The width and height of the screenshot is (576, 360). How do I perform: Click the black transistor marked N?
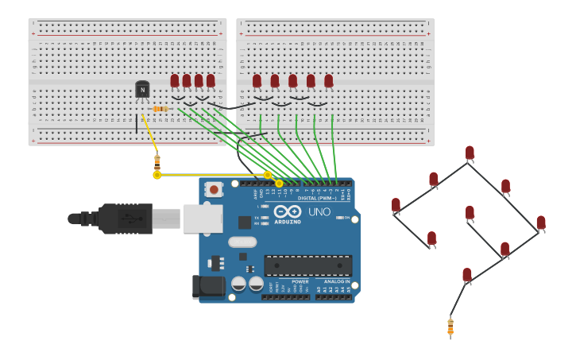click(x=142, y=90)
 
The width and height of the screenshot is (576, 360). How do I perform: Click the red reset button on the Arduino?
click(x=213, y=189)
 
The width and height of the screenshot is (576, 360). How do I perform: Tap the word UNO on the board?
click(x=319, y=212)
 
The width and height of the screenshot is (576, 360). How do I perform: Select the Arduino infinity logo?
click(x=288, y=211)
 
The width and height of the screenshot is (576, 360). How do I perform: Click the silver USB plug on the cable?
click(x=166, y=218)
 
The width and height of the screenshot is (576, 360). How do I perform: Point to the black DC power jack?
click(x=208, y=286)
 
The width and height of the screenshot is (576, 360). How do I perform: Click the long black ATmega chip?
click(x=307, y=265)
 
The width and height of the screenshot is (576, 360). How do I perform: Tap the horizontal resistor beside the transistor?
click(x=160, y=109)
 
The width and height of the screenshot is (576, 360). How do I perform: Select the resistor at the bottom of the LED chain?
click(x=450, y=326)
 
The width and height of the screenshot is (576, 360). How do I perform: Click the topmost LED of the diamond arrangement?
click(x=470, y=153)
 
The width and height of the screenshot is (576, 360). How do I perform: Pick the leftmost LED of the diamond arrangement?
click(x=396, y=206)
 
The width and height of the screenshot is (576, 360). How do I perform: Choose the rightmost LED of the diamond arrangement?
click(x=541, y=223)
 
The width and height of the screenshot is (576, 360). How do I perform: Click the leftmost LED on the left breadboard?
click(x=175, y=80)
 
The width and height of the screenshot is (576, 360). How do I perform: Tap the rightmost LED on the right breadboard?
click(x=329, y=81)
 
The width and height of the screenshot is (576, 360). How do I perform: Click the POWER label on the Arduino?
click(x=300, y=281)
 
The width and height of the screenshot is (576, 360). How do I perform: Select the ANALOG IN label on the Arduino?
click(x=334, y=281)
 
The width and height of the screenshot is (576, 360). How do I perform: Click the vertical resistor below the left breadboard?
click(x=157, y=161)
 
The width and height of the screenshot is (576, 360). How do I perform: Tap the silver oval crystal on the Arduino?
click(x=242, y=242)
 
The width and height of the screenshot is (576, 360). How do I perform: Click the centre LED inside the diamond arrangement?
click(x=470, y=213)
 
